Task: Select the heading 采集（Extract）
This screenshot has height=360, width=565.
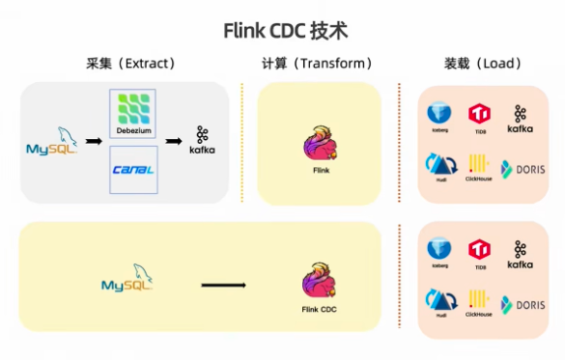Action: click(130, 65)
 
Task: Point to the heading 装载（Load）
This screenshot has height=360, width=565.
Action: click(482, 65)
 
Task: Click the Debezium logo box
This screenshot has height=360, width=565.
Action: click(133, 114)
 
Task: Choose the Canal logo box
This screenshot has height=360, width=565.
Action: click(133, 170)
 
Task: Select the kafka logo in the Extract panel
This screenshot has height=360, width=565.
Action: click(202, 141)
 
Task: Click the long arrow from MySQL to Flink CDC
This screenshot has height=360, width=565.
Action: click(223, 285)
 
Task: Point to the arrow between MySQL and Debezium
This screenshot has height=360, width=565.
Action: click(93, 142)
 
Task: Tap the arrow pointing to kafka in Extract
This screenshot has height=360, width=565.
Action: click(174, 142)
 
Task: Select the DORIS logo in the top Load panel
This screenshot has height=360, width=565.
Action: click(523, 167)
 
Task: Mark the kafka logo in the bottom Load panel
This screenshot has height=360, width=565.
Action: click(520, 255)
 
